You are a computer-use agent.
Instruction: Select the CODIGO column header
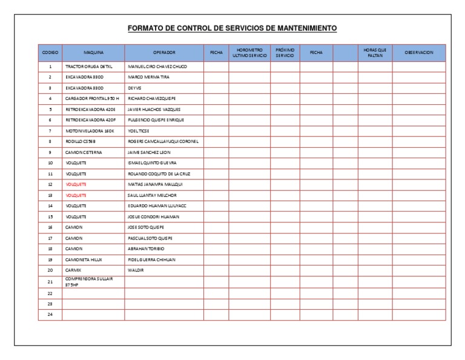click(x=50, y=53)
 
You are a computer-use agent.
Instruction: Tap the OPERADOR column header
click(x=163, y=53)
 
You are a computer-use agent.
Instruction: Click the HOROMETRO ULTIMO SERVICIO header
click(x=249, y=53)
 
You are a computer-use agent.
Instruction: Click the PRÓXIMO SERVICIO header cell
click(x=285, y=53)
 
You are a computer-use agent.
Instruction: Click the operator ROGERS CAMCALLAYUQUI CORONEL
click(x=163, y=141)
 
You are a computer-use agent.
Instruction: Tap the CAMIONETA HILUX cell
click(x=84, y=259)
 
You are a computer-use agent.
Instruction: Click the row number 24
click(x=50, y=314)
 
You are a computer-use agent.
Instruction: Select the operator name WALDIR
click(x=136, y=270)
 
